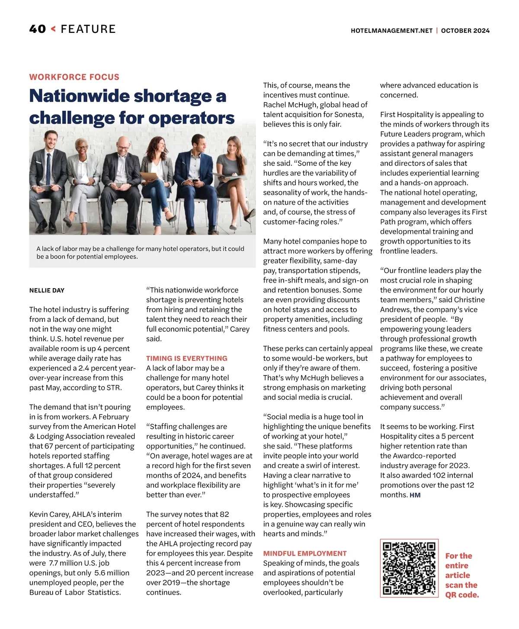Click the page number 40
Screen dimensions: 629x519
pyautogui.click(x=37, y=29)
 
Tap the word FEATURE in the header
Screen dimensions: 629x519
pyautogui.click(x=88, y=29)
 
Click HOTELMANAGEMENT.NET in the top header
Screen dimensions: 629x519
pyautogui.click(x=391, y=31)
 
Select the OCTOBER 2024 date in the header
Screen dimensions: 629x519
pyautogui.click(x=465, y=31)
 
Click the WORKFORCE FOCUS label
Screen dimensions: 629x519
pyautogui.click(x=74, y=77)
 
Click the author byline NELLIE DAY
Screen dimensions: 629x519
pyautogui.click(x=47, y=290)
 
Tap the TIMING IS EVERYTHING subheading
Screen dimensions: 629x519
pyautogui.click(x=186, y=358)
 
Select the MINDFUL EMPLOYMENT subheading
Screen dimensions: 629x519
pyautogui.click(x=305, y=553)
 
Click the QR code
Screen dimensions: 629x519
pyautogui.click(x=409, y=568)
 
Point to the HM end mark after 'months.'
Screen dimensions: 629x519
pyautogui.click(x=415, y=495)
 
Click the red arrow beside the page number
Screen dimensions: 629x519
pyautogui.click(x=53, y=29)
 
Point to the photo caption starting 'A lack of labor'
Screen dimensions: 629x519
pyautogui.click(x=140, y=253)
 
